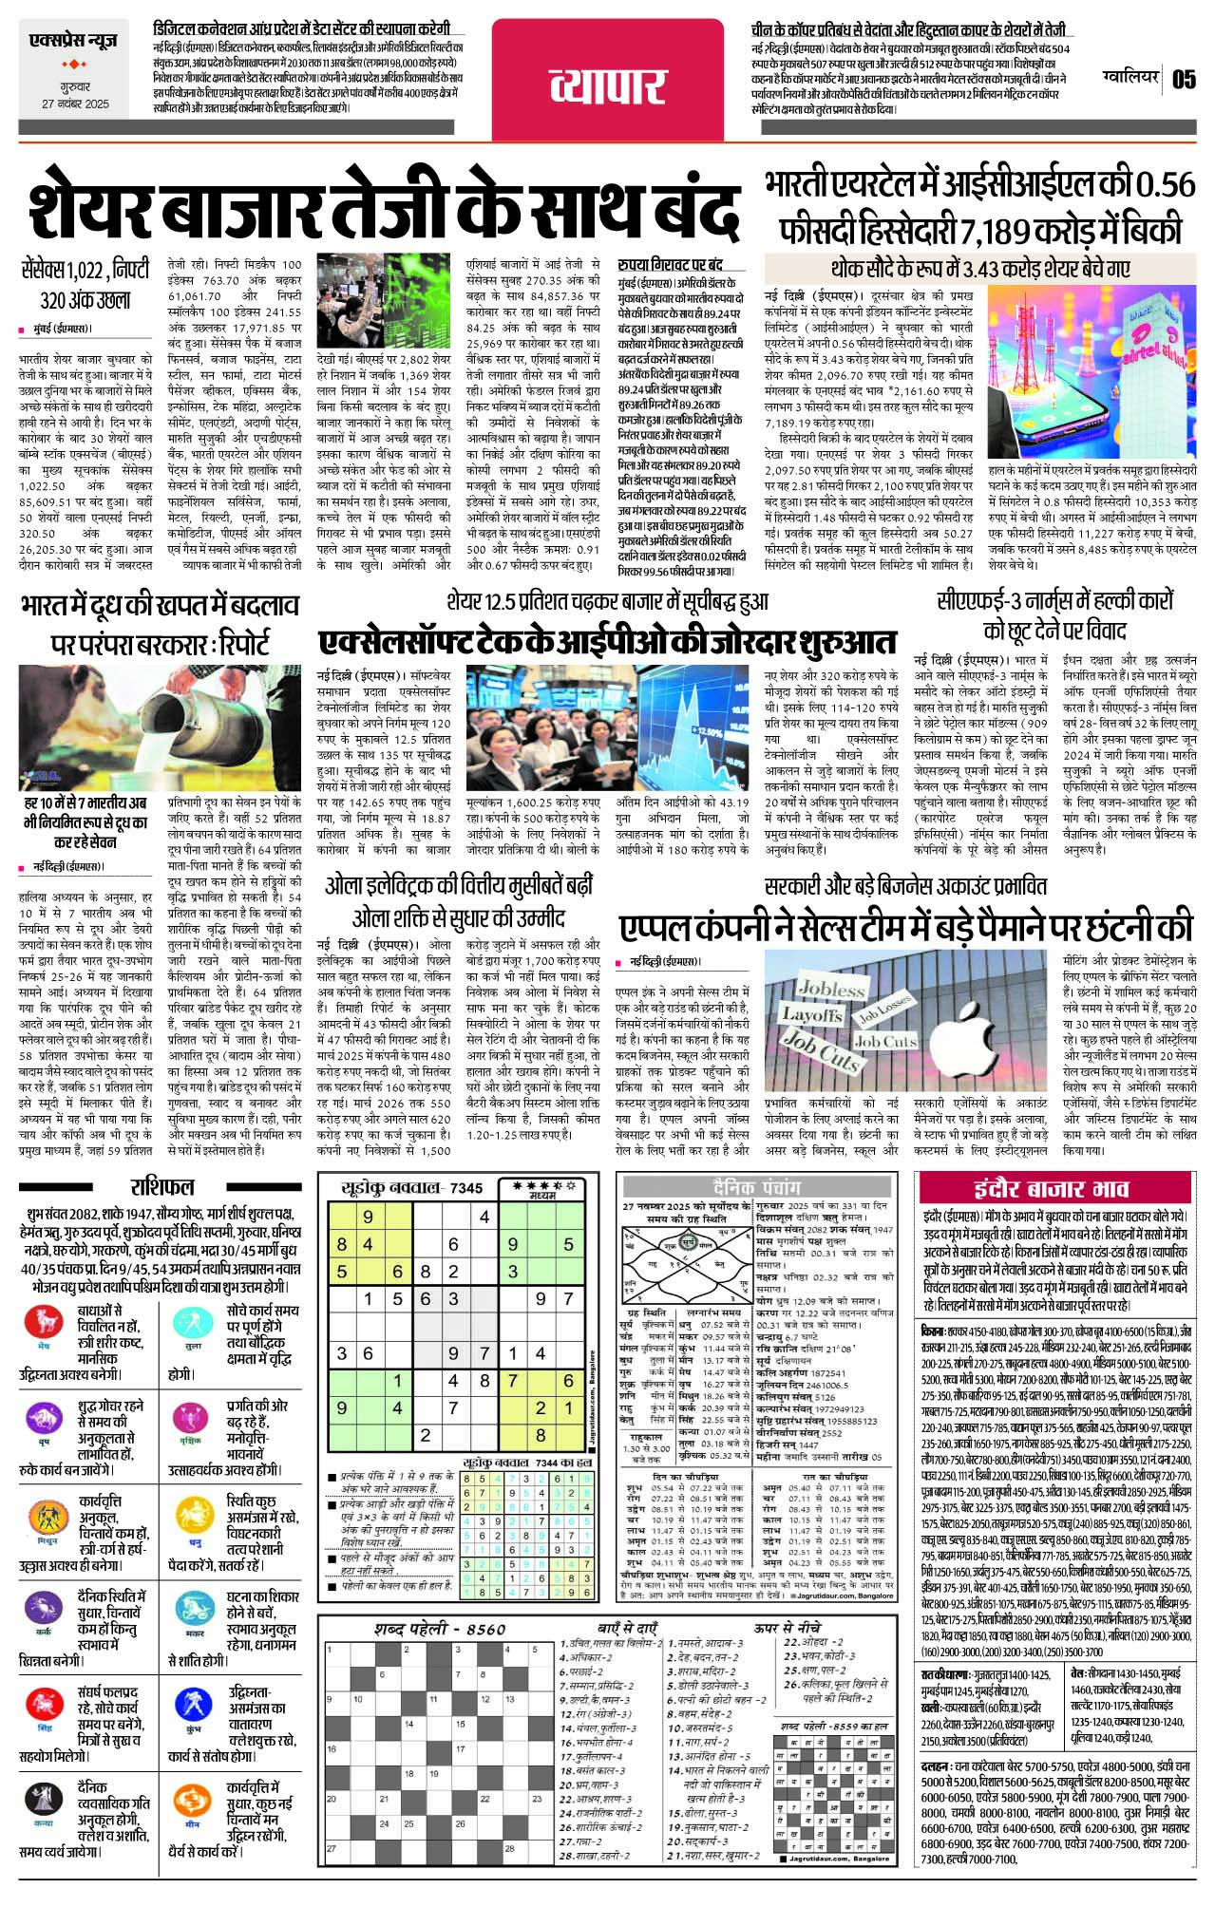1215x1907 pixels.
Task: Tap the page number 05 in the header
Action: tap(1184, 78)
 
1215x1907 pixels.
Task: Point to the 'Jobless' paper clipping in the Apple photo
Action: tap(830, 989)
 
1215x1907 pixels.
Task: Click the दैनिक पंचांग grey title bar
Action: tap(756, 1186)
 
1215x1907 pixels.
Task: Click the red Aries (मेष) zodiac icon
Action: tap(44, 1322)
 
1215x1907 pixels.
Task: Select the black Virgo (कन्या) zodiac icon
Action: tap(44, 1797)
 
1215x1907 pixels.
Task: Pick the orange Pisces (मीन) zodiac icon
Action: tap(192, 1799)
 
